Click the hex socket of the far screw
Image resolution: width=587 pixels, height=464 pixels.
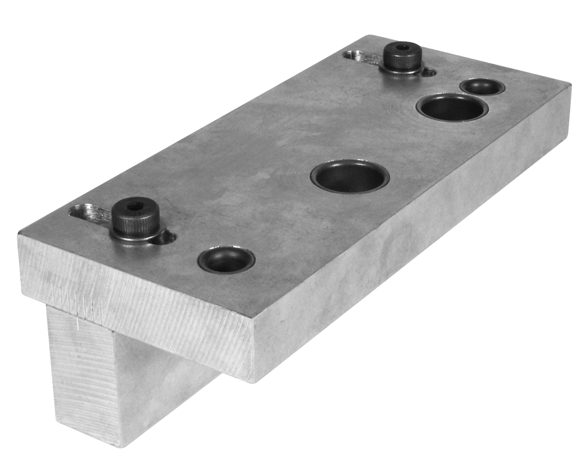coord(403,46)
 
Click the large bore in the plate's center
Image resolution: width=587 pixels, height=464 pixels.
coord(350,176)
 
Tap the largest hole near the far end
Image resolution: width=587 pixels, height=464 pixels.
coord(452,107)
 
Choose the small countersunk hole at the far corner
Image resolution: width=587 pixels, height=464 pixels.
coord(482,87)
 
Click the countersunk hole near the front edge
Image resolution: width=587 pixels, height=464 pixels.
coord(226,260)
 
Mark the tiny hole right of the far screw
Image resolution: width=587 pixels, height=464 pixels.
coord(429,72)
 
